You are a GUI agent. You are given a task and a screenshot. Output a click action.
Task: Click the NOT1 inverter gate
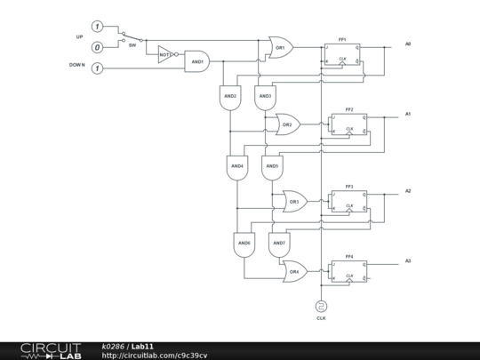pyautogui.click(x=166, y=55)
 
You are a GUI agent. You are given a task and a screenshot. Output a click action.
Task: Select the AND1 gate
pyautogui.click(x=196, y=63)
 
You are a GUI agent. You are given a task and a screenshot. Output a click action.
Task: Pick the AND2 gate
pyautogui.click(x=229, y=97)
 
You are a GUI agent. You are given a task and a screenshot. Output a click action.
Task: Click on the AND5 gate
pyautogui.click(x=271, y=166)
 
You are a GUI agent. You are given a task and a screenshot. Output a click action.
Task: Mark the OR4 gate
pyautogui.click(x=293, y=271)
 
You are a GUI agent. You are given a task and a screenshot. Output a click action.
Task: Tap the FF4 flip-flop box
pyautogui.click(x=348, y=271)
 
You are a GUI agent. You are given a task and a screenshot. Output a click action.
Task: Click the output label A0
pyautogui.click(x=408, y=44)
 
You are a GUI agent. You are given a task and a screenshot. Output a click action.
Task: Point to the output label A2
pyautogui.click(x=408, y=191)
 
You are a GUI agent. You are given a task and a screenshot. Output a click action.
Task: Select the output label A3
pyautogui.click(x=408, y=260)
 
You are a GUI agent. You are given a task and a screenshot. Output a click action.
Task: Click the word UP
pyautogui.click(x=79, y=37)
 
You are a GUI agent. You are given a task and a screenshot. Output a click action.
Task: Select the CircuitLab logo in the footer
pyautogui.click(x=51, y=349)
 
